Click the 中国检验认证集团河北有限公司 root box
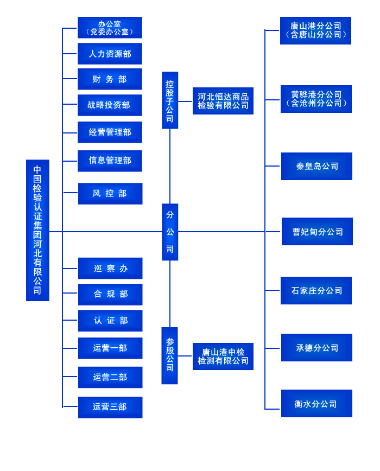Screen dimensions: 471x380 pos(37,230)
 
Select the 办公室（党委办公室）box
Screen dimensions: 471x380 pos(110,28)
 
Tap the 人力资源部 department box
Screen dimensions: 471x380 pos(110,54)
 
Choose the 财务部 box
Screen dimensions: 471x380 pos(110,79)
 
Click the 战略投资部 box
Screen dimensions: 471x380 pos(110,105)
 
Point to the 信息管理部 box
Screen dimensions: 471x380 pos(110,161)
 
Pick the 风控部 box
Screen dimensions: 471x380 pos(110,194)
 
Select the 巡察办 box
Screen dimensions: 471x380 pos(110,269)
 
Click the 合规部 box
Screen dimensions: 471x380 pos(110,294)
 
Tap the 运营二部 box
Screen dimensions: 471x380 pos(110,377)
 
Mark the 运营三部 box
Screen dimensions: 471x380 pos(110,407)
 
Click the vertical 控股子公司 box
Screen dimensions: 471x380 pos(170,100)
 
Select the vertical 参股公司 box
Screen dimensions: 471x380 pos(169,355)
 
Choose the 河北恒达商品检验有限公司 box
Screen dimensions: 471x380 pos(223,101)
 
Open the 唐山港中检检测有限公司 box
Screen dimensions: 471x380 pos(223,357)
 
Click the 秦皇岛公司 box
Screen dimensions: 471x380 pos(316,166)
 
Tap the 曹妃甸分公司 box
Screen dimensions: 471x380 pos(317,232)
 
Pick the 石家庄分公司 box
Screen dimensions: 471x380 pos(316,290)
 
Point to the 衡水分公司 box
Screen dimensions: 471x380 pos(316,404)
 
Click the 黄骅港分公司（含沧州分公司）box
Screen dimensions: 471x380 pos(316,99)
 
